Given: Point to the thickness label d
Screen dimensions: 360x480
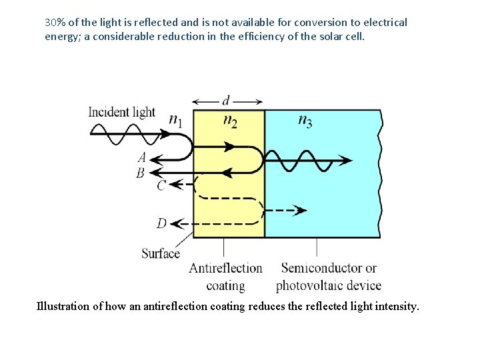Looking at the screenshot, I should [226, 101].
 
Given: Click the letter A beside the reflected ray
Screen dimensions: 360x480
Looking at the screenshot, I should [141, 158].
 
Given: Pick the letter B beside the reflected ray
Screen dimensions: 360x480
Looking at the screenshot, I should [141, 173].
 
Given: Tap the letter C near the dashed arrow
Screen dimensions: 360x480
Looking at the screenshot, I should [161, 185].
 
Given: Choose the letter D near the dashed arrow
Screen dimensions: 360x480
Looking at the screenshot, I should [161, 223].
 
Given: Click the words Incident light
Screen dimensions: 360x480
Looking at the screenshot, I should [121, 111].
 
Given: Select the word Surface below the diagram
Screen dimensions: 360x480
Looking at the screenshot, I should [161, 253].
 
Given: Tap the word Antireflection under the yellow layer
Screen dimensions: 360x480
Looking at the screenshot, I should [225, 269].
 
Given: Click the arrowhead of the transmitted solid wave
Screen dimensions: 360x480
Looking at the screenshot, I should [347, 160].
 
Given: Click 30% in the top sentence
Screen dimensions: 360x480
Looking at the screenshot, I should [55, 22].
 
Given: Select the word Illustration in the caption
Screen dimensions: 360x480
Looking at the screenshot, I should [63, 307].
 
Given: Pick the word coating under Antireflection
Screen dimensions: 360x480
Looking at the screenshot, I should [225, 285].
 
